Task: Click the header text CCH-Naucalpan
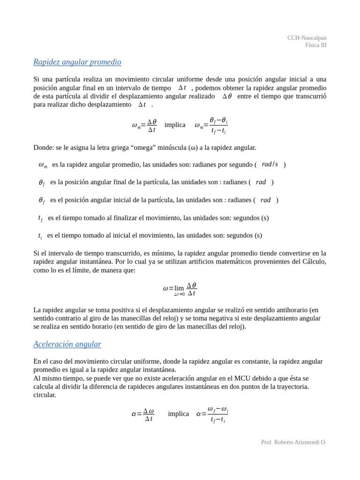[307, 38]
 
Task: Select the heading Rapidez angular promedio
[77, 62]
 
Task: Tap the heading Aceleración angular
[67, 344]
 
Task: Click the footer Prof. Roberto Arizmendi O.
[293, 442]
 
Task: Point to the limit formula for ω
[180, 289]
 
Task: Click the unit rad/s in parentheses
[270, 165]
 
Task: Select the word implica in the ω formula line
[175, 125]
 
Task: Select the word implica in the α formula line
[178, 414]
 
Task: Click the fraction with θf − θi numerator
[218, 126]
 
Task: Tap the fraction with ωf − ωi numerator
[217, 414]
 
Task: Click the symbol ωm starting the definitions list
[43, 165]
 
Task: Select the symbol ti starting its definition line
[40, 236]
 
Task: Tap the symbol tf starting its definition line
[40, 218]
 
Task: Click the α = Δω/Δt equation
[143, 414]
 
